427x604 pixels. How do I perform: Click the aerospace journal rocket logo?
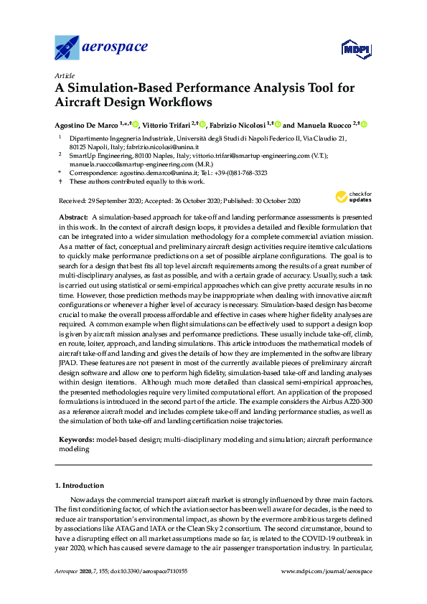68,48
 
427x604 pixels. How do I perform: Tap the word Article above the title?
65,75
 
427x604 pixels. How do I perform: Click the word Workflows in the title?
180,103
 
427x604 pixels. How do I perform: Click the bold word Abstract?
73,216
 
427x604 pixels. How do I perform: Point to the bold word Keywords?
74,439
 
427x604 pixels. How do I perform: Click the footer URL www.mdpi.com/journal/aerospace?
328,571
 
